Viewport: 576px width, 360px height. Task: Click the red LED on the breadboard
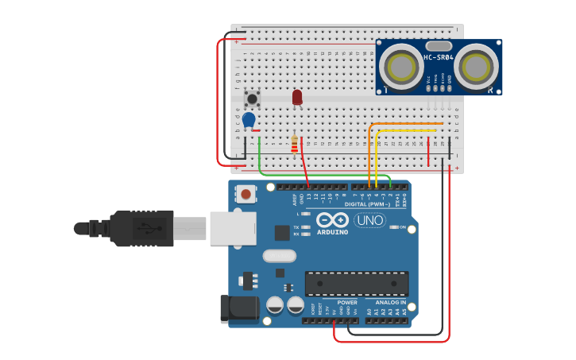[297, 97]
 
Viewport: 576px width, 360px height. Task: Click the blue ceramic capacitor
[249, 119]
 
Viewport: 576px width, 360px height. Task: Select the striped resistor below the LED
[295, 145]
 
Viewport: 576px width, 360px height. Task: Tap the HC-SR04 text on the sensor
[439, 57]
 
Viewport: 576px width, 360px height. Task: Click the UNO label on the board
[369, 220]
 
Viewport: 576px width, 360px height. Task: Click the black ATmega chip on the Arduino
[357, 283]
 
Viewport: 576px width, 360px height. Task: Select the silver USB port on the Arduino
[233, 227]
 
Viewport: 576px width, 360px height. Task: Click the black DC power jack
[238, 308]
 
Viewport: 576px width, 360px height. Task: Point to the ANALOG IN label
[390, 303]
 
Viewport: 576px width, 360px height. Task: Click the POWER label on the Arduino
[347, 303]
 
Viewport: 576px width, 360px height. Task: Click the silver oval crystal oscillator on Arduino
[279, 256]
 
